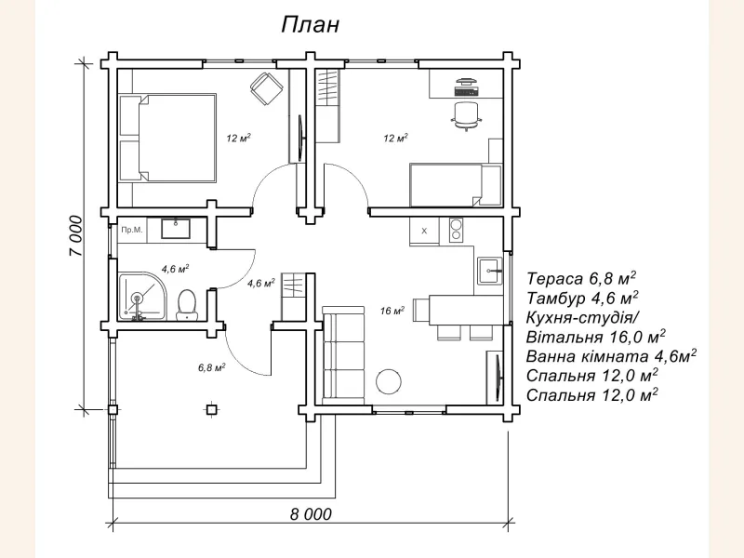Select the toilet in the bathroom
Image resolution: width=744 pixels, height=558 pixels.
(186, 303)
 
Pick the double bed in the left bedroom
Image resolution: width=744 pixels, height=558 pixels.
(167, 138)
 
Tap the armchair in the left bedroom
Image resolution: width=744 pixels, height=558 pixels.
(267, 90)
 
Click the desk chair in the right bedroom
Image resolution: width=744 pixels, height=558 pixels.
(466, 115)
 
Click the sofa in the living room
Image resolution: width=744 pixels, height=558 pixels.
(343, 354)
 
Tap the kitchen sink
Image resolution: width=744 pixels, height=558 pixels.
(489, 272)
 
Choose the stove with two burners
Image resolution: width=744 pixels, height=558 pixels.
(456, 229)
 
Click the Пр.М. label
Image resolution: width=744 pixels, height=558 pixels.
(132, 229)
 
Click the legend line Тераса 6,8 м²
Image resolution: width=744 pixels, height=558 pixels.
(581, 278)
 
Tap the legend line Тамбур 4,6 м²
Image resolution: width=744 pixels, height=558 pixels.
(582, 298)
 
